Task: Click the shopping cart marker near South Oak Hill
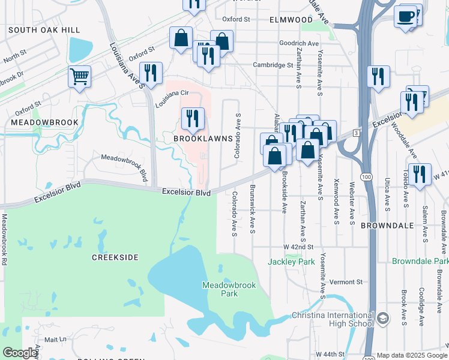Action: pos(79,77)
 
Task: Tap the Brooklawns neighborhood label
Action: pos(203,138)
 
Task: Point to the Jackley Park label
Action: pos(291,262)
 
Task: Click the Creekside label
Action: pos(115,257)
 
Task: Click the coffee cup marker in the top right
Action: pos(406,17)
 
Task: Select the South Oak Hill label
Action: pos(35,30)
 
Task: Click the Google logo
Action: pos(20,353)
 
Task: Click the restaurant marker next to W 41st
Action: pos(420,175)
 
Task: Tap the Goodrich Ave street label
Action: pos(299,44)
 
